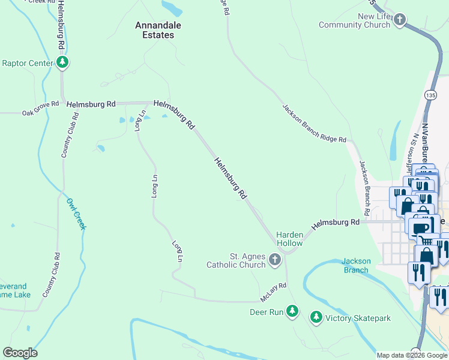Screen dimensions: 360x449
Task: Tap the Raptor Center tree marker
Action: [62, 62]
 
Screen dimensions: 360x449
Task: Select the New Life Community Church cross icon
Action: [400, 21]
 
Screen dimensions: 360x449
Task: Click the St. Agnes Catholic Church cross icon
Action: [275, 260]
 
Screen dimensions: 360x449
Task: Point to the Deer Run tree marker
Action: [292, 311]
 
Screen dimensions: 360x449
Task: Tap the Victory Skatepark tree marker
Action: [316, 316]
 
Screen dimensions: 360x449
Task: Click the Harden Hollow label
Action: [289, 239]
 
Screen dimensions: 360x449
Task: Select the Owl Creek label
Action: [76, 214]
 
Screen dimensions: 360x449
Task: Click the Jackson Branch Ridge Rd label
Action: [315, 122]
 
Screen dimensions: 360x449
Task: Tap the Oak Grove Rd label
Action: [41, 108]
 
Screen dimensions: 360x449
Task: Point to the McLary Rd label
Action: [274, 293]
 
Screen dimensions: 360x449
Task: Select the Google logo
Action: [20, 353]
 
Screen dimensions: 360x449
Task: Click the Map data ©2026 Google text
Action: [411, 355]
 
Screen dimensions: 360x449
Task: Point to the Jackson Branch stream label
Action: [355, 265]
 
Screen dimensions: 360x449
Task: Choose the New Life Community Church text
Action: [354, 20]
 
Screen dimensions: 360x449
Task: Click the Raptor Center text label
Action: [28, 62]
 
